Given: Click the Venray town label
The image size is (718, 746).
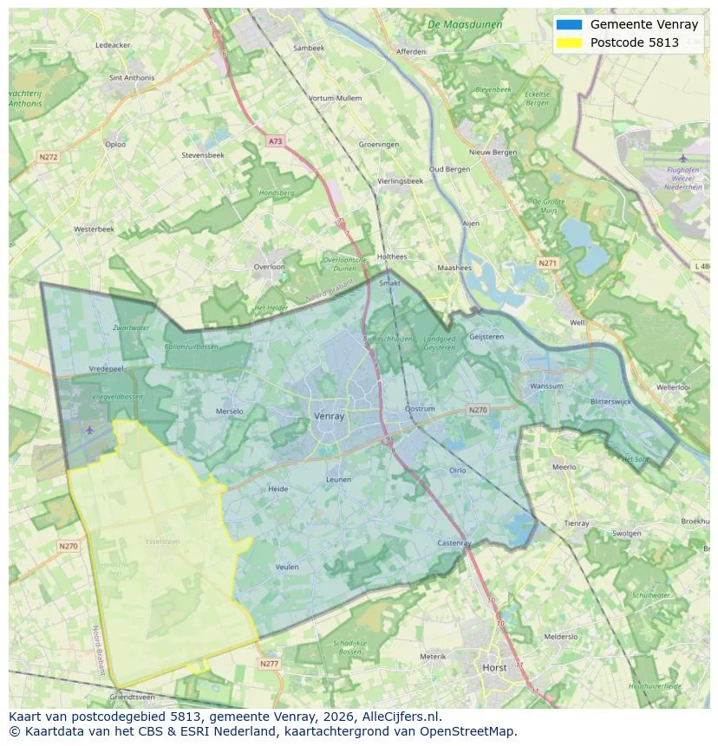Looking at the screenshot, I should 329,416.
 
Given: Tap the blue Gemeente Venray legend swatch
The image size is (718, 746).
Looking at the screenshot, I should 569,24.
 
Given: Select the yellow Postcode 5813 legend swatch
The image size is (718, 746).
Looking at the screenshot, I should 569,42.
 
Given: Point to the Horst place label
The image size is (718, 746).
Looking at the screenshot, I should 495,668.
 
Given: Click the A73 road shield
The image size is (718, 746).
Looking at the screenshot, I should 275,141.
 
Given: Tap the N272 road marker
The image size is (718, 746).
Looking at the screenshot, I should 48,157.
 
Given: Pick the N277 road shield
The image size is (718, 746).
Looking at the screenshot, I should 269,664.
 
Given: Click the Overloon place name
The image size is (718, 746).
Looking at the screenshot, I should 269,267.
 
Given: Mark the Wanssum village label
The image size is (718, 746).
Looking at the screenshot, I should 546,386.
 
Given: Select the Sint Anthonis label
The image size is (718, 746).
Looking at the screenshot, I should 132,78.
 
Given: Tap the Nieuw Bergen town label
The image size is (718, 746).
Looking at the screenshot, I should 493,152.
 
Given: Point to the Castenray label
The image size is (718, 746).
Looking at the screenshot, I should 454,543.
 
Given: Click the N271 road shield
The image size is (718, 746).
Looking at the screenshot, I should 548,263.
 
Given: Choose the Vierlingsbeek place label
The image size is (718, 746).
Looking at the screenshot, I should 401,181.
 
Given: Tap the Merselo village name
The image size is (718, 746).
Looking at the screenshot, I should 229,412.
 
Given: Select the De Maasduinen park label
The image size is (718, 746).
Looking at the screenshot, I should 465,24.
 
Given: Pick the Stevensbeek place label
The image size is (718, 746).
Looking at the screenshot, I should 203,155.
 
